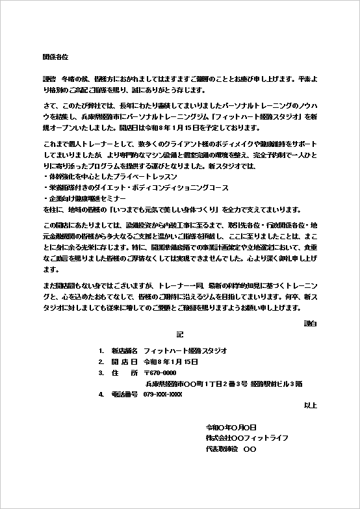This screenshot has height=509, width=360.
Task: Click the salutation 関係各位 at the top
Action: click(55, 58)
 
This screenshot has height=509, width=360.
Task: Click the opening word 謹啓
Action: click(49, 77)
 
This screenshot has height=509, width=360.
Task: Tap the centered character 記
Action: click(180, 334)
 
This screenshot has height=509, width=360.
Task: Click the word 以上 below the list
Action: click(311, 405)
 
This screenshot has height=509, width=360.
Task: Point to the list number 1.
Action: click(101, 350)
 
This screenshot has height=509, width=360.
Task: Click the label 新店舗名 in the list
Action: click(124, 350)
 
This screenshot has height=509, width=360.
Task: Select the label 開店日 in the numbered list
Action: click(124, 361)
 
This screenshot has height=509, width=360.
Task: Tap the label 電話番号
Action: click(124, 395)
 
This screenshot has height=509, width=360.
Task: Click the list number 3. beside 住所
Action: click(101, 372)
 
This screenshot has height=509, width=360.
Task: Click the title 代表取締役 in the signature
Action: click(222, 449)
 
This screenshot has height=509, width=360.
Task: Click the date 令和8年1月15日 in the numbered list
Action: click(170, 361)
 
